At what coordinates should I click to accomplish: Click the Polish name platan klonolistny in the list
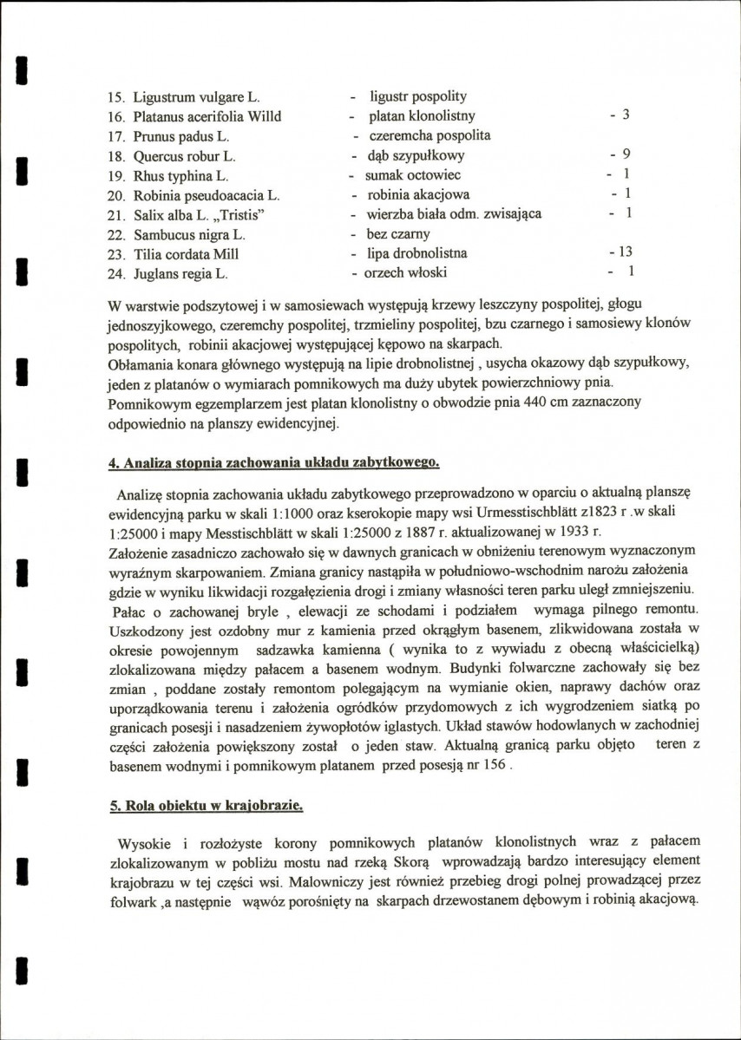[x=422, y=116]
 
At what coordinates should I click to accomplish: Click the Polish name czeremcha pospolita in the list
[x=429, y=136]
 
